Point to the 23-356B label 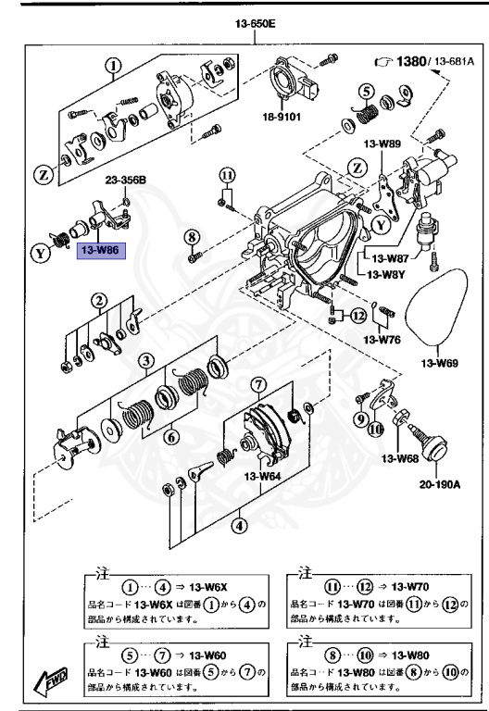(x=123, y=181)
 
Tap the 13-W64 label (x=263, y=477)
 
